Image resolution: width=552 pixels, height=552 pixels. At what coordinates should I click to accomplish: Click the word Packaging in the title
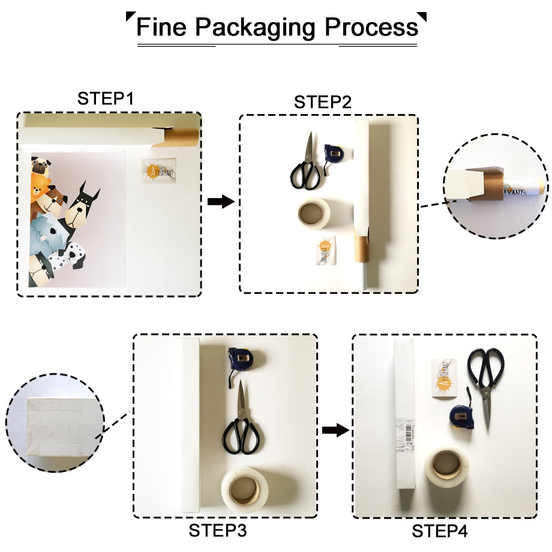tap(257, 28)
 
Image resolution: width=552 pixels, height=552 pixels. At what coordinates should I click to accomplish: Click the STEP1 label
tap(106, 99)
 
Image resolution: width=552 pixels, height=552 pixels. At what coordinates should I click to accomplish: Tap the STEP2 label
tap(322, 102)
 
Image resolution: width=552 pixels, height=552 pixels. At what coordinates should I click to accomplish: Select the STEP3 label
tap(218, 530)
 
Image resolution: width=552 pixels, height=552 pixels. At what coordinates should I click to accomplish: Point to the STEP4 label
tap(440, 531)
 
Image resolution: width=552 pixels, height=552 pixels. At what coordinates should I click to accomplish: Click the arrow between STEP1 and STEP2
tap(220, 202)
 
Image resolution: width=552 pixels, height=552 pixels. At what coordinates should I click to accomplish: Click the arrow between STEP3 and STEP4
tap(335, 430)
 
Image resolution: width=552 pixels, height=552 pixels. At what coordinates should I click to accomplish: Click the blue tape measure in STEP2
tap(332, 154)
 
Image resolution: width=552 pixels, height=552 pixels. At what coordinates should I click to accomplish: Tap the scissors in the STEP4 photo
tap(485, 378)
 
